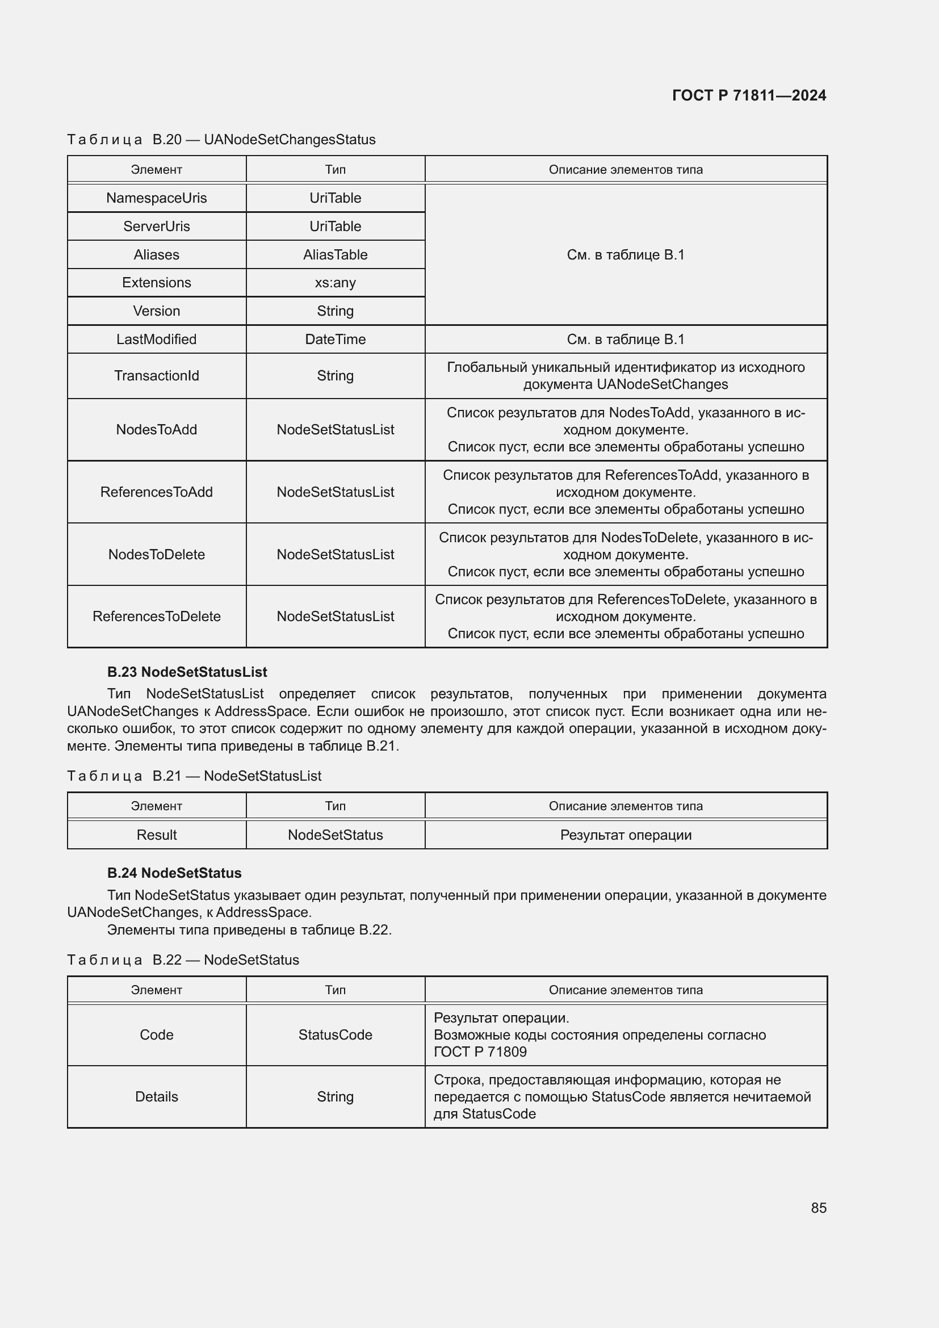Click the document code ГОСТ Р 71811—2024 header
pos(749,95)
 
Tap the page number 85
pos(818,1208)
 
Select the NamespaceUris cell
pos(156,198)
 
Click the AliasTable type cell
pos(335,254)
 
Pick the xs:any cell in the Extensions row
pos(335,283)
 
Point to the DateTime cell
pos(335,340)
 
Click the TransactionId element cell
pos(156,376)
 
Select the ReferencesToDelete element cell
pos(156,617)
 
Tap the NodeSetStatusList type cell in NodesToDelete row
pos(335,555)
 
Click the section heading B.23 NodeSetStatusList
pos(187,672)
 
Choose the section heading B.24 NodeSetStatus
pos(174,873)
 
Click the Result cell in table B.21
pos(156,835)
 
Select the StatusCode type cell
pos(335,1035)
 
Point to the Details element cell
pos(156,1097)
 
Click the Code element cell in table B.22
pos(156,1035)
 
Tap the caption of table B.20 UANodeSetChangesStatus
pos(221,140)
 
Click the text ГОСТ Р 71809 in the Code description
pos(480,1052)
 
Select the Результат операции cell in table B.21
pos(626,835)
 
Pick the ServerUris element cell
pos(156,226)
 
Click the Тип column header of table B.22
pos(335,990)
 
